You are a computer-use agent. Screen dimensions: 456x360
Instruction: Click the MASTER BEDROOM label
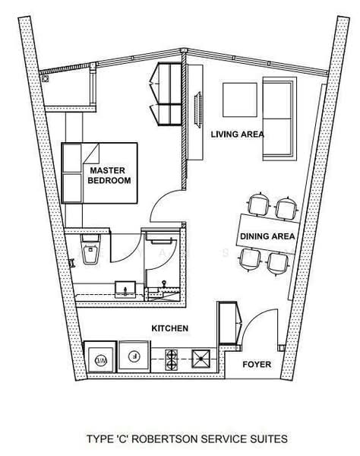[x=110, y=176]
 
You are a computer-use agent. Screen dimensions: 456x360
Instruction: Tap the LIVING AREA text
[x=237, y=135]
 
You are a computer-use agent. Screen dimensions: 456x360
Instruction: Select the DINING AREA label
[x=267, y=236]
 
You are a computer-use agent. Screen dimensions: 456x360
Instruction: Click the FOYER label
[x=257, y=365]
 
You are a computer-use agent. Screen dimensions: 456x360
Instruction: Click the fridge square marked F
[x=134, y=355]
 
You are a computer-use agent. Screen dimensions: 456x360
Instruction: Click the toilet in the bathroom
[x=89, y=252]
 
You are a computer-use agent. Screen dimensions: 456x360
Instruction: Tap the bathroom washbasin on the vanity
[x=122, y=289]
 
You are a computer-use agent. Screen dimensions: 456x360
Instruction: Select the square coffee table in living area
[x=241, y=99]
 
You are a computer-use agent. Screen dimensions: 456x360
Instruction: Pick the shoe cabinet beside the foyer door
[x=229, y=324]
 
